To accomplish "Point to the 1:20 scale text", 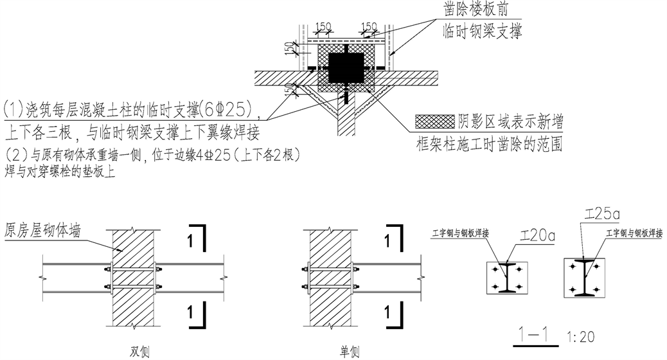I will tap(581, 336).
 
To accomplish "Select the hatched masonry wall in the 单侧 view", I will tap(331, 276).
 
